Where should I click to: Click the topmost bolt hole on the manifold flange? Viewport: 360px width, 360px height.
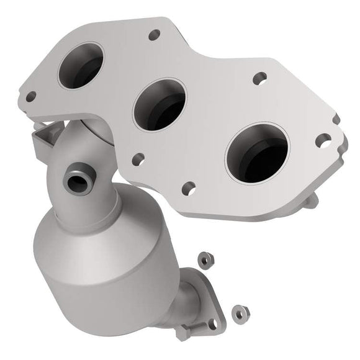pyautogui.click(x=154, y=35)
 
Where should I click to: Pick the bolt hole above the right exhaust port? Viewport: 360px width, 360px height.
pyautogui.click(x=259, y=78)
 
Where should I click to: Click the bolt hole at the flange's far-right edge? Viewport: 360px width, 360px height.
pyautogui.click(x=322, y=140)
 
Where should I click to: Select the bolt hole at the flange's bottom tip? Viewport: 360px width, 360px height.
pyautogui.click(x=189, y=186)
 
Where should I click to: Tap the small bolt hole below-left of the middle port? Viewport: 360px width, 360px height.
pyautogui.click(x=138, y=159)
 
